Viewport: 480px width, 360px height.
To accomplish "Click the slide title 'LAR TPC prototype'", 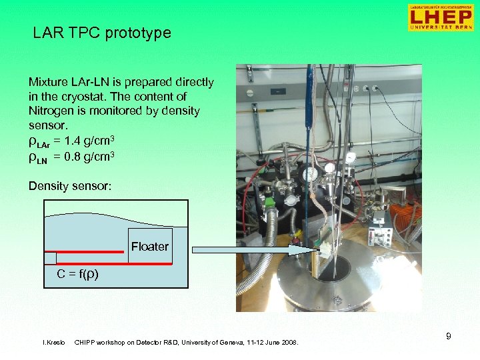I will [102, 33].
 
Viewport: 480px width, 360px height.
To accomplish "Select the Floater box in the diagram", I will [149, 247].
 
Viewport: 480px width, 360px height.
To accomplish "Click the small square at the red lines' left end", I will [50, 258].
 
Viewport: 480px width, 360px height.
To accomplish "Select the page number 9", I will [448, 336].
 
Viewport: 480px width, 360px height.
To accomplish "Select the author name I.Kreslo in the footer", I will [53, 343].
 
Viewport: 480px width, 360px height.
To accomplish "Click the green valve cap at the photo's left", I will [270, 202].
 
